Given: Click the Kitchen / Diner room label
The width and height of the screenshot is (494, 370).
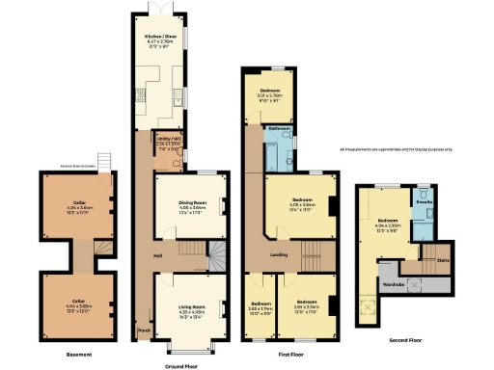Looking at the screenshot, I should click(160, 37).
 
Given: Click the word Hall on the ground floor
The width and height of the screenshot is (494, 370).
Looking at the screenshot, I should click(156, 255).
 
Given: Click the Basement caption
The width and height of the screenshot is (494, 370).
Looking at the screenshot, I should click(78, 356).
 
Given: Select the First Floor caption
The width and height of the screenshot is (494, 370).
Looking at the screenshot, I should click(290, 356).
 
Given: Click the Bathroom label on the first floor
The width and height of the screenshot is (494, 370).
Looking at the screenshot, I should click(280, 128).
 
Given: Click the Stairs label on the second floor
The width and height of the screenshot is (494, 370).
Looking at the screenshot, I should click(443, 259).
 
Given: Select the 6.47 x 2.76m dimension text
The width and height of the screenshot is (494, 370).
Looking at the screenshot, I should click(160, 42).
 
